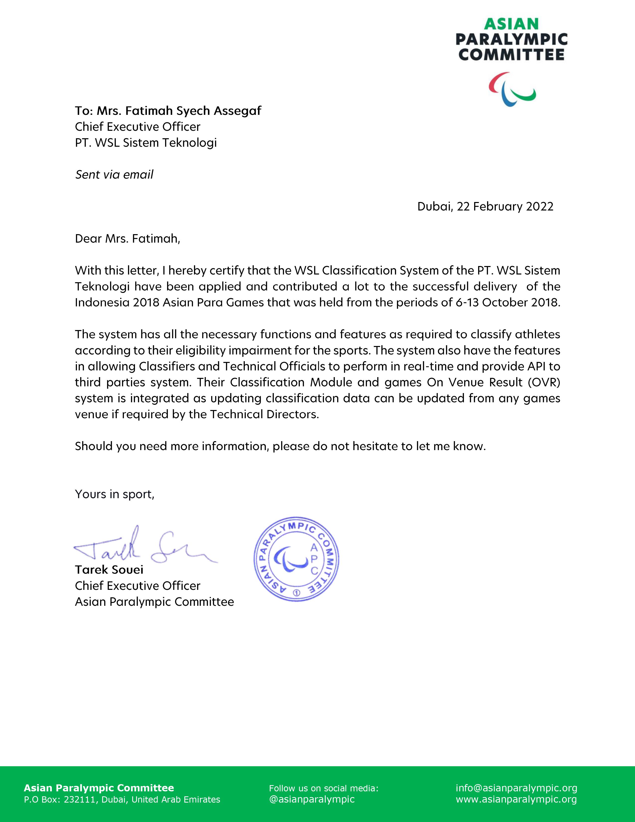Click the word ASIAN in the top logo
(x=511, y=24)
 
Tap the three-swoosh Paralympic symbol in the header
(x=512, y=90)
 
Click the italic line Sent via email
(x=114, y=175)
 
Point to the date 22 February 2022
(x=505, y=207)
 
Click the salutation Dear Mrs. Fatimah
(x=127, y=239)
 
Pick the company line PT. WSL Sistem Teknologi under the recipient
(x=146, y=143)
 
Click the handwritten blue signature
(x=143, y=548)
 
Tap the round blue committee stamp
(x=296, y=560)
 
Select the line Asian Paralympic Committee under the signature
(x=154, y=602)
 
